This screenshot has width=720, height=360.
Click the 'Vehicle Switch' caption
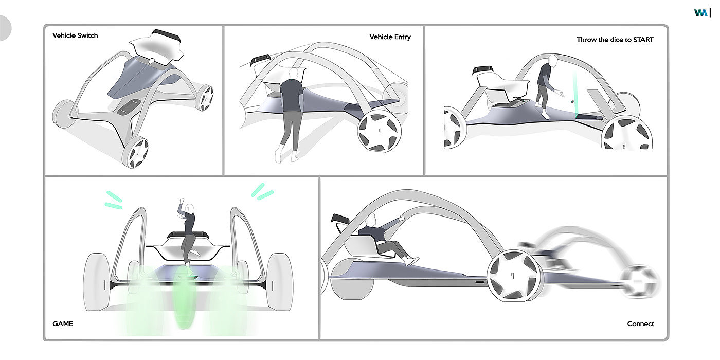[75, 35]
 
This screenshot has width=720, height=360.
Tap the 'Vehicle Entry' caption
[390, 37]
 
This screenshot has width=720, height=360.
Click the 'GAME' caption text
[63, 324]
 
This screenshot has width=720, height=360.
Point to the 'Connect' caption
[640, 324]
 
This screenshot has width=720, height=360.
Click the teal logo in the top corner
[700, 13]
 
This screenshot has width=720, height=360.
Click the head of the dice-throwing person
[552, 61]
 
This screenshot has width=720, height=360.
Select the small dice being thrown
[572, 102]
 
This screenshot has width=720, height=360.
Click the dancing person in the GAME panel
[188, 231]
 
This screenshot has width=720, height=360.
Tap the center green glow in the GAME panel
[184, 298]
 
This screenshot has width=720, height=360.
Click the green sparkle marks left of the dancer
[114, 200]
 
